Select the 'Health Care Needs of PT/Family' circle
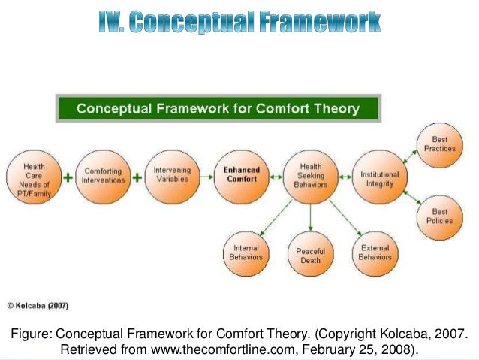coord(34,178)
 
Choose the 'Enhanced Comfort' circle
coord(241,176)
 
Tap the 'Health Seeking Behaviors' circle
coord(311,176)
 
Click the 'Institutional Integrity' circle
coord(380,176)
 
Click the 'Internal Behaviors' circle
coord(246,252)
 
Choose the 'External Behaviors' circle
coord(375,252)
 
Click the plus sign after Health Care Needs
coord(69,179)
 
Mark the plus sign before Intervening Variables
coord(137,178)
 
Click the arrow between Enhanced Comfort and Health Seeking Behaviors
coord(276,177)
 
